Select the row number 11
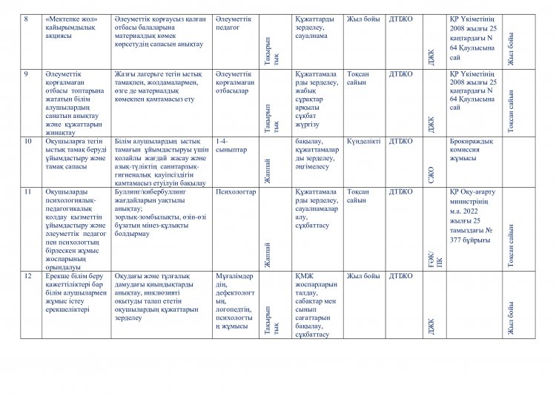[28, 191]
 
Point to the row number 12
[28, 276]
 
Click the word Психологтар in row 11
[234, 191]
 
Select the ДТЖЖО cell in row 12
[401, 276]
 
